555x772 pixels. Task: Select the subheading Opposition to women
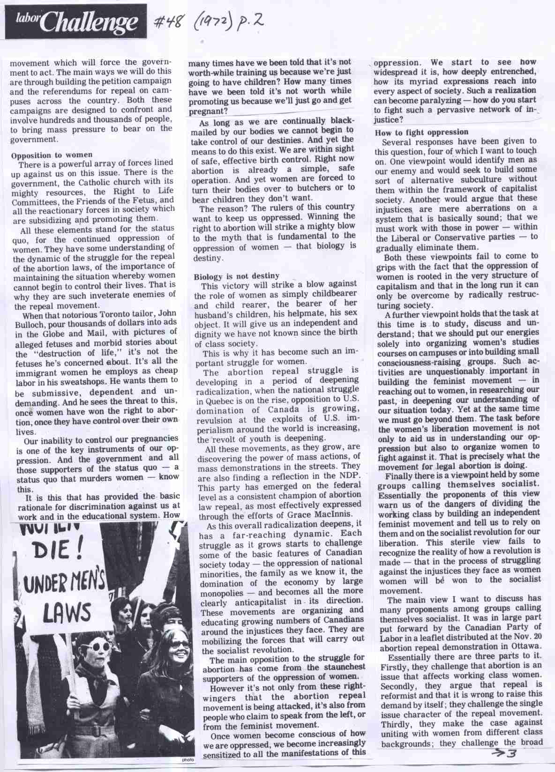tap(52, 154)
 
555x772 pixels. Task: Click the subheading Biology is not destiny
tap(236, 276)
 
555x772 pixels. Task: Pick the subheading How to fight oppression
tap(421, 132)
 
